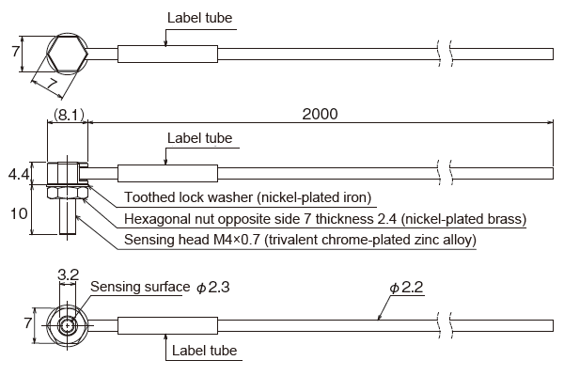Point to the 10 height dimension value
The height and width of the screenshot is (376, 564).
[x=19, y=213]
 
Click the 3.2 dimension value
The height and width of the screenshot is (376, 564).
[x=68, y=275]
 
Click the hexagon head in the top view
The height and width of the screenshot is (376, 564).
[x=67, y=54]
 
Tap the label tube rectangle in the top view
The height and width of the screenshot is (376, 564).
[x=167, y=54]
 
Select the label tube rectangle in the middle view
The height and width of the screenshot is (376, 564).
[x=167, y=174]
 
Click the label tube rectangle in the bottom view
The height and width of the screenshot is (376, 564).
[x=167, y=326]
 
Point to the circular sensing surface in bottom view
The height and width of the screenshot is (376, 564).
[x=68, y=326]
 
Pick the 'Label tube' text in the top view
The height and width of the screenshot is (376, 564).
[x=199, y=18]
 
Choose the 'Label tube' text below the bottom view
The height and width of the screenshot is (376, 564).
[x=203, y=351]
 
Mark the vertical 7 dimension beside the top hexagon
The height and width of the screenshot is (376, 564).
[x=16, y=53]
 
